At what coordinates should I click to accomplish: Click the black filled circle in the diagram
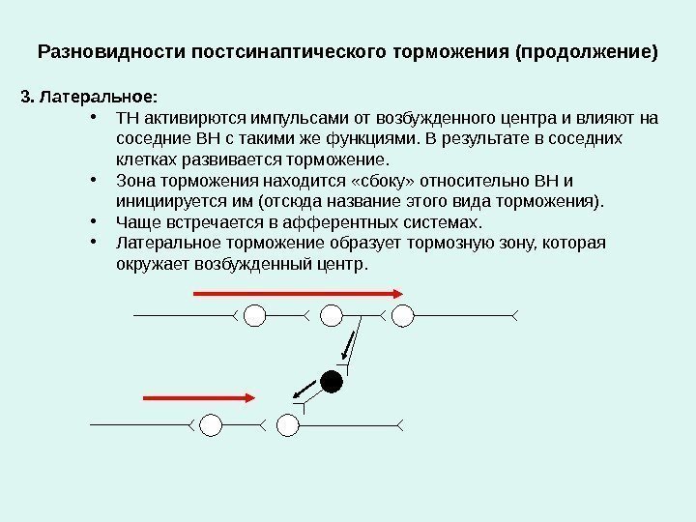332,381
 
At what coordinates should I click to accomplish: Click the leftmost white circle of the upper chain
255,314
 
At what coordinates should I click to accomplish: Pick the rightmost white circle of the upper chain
402,314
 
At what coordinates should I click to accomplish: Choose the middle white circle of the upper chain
332,314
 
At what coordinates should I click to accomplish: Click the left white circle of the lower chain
211,423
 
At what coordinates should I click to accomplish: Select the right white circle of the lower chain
287,423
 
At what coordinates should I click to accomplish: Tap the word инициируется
164,201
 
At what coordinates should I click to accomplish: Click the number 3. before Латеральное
26,97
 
